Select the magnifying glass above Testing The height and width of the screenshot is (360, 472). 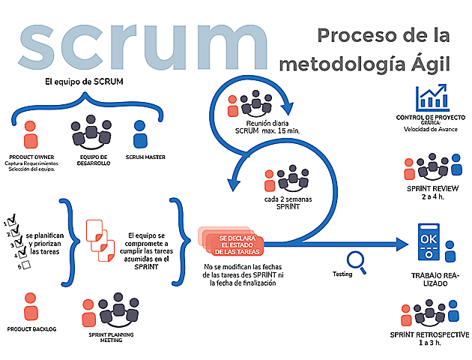click(357, 259)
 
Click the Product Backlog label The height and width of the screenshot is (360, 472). click(31, 329)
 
